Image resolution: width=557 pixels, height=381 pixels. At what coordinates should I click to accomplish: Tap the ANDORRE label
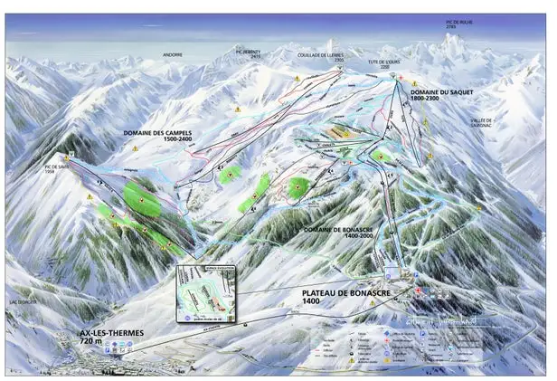173,54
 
